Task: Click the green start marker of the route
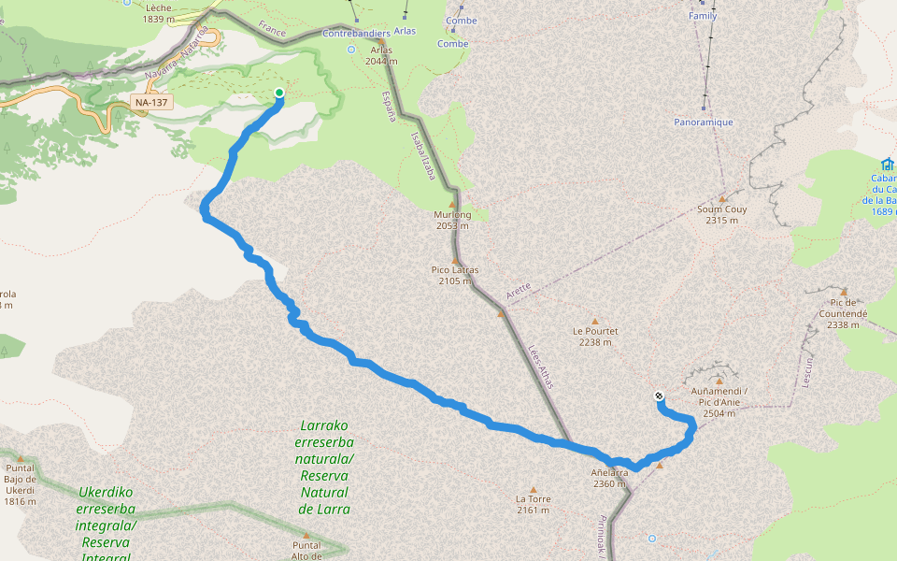click(x=278, y=92)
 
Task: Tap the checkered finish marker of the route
click(x=660, y=396)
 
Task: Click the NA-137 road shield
click(x=151, y=102)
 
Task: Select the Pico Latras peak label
click(x=455, y=275)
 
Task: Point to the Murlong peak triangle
click(x=453, y=204)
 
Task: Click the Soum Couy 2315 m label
click(x=722, y=214)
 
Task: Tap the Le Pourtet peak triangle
click(x=594, y=321)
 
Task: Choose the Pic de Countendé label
click(x=843, y=319)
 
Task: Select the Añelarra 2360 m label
click(x=609, y=478)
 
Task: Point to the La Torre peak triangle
click(x=534, y=489)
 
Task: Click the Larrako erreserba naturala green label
click(x=324, y=467)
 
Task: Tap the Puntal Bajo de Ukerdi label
click(x=20, y=484)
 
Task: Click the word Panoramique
click(x=703, y=122)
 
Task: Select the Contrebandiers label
click(x=355, y=34)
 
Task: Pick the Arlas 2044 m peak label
click(x=381, y=55)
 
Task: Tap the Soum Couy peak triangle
click(x=722, y=198)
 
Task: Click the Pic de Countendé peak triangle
click(x=843, y=292)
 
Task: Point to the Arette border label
click(x=519, y=291)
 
